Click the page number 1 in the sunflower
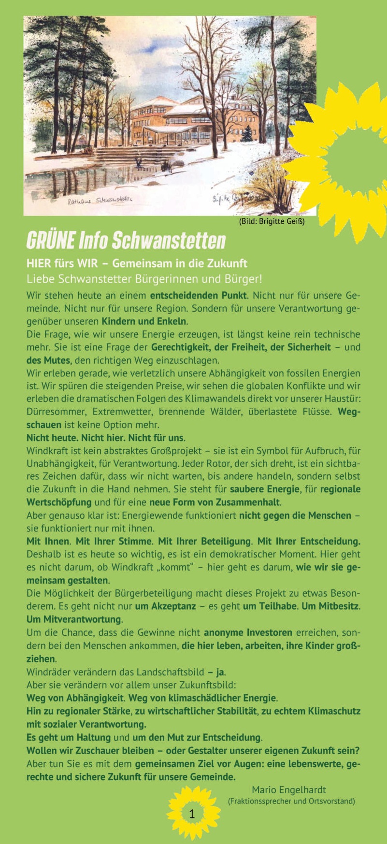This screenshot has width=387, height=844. (192, 814)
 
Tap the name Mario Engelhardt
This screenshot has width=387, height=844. (288, 790)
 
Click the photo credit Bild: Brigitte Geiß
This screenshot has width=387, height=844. (272, 222)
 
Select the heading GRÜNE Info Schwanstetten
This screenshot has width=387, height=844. (126, 240)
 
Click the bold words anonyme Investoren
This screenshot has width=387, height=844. (248, 632)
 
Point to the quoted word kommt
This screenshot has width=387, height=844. (177, 567)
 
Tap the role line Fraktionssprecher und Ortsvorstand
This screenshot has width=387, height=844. (291, 801)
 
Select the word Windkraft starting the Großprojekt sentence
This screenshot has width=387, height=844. (46, 451)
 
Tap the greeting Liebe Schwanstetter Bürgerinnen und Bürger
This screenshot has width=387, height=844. (144, 279)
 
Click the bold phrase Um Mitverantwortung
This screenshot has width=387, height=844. (74, 619)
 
